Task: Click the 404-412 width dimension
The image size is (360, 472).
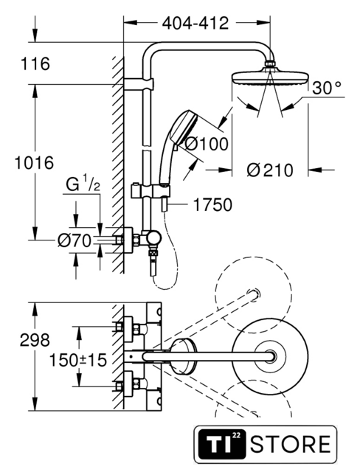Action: pyautogui.click(x=195, y=23)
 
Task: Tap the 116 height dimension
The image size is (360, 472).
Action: pyautogui.click(x=35, y=64)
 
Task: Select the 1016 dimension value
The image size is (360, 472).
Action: pyautogui.click(x=35, y=162)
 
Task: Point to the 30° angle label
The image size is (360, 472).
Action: pyautogui.click(x=326, y=88)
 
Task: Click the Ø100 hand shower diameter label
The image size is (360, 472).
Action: pyautogui.click(x=206, y=144)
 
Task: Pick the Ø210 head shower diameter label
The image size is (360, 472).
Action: pyautogui.click(x=270, y=170)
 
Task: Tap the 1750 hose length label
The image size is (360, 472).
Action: pyautogui.click(x=212, y=205)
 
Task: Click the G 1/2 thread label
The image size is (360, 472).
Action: pyautogui.click(x=83, y=184)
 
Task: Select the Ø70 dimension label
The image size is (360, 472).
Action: pyautogui.click(x=75, y=241)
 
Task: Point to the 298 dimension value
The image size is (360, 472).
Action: pyautogui.click(x=35, y=341)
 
